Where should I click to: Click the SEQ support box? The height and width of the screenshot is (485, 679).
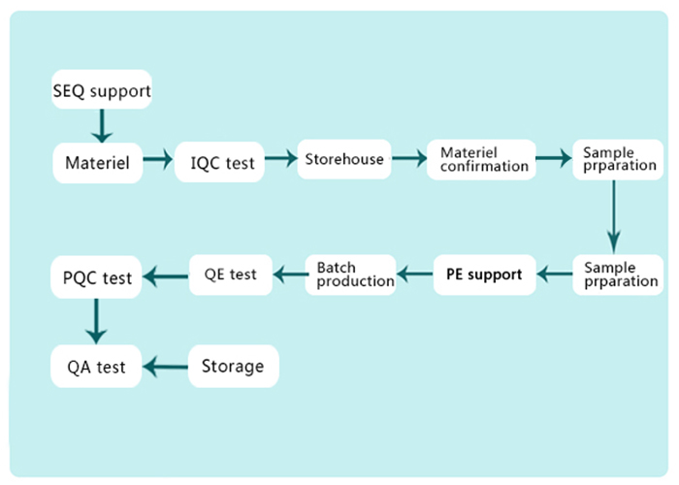tap(102, 89)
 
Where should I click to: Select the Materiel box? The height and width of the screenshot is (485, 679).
tap(97, 163)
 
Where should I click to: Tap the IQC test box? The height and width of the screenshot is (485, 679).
tap(219, 162)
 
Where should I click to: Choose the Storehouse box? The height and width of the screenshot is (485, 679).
tap(344, 159)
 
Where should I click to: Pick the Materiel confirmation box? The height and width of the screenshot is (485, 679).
tap(481, 159)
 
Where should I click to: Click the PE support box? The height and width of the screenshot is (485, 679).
tap(485, 275)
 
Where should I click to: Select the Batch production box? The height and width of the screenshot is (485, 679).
tap(351, 275)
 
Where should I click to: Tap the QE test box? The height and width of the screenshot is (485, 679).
tap(231, 275)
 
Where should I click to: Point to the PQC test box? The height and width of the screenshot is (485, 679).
tap(96, 277)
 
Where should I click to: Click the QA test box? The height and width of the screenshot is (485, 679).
tap(96, 367)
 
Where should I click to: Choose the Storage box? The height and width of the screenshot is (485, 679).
tap(234, 367)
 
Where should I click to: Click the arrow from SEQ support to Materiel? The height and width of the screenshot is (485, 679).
tap(102, 125)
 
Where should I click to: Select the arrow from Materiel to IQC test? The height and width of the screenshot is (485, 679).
tap(158, 159)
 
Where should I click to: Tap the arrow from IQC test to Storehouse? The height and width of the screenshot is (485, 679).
tap(281, 158)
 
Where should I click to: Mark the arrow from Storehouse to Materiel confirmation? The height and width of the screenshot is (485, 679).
tap(409, 158)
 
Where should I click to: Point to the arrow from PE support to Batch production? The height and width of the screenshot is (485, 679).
tap(415, 274)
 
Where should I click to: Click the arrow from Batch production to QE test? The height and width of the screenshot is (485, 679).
tap(291, 275)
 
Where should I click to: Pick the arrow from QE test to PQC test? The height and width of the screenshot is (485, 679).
tap(166, 276)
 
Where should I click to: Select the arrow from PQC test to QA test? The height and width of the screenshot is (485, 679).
tap(96, 321)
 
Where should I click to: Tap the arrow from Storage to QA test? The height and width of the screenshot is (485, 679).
tap(166, 368)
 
